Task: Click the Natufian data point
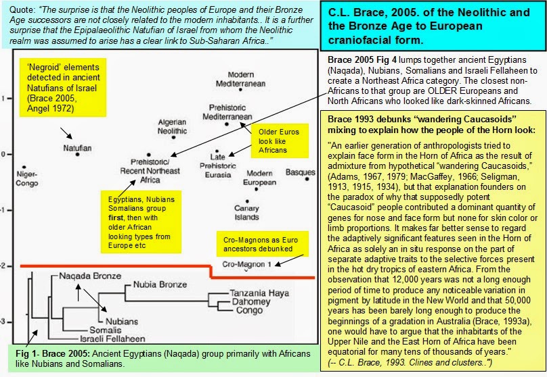coord(77,155)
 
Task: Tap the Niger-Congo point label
coord(26,178)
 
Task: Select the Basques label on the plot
coord(300,172)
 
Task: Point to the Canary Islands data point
coord(247,201)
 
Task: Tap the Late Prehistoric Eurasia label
coord(218,166)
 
